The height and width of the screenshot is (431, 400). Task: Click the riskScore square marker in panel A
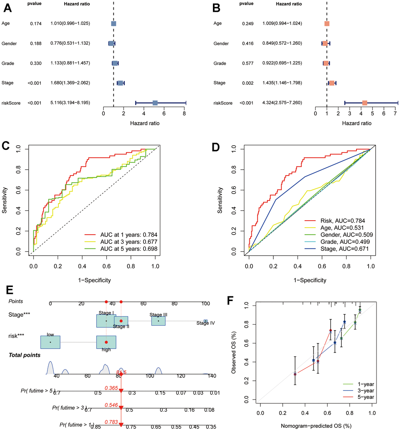(x=155, y=103)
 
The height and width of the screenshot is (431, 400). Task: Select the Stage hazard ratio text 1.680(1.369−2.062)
(x=70, y=83)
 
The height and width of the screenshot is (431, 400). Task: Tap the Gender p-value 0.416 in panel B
(x=249, y=43)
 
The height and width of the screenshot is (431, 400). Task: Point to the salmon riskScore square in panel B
(x=365, y=103)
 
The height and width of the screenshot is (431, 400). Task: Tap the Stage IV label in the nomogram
(x=206, y=323)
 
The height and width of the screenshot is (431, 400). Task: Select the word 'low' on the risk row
(x=50, y=334)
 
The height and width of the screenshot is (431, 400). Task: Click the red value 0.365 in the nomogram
(x=111, y=387)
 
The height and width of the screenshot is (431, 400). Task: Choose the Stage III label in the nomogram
(x=158, y=315)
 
